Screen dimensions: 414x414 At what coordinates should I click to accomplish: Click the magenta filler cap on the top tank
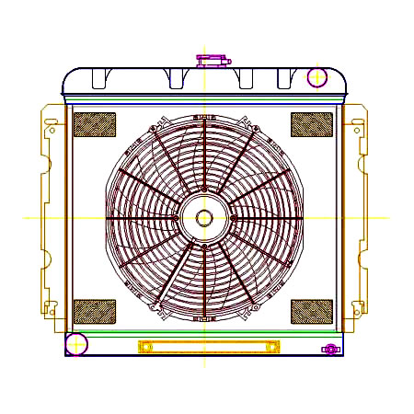point(212,61)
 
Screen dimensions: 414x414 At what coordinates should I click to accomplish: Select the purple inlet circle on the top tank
point(316,76)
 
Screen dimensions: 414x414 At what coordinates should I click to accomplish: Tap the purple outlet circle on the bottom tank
point(76,345)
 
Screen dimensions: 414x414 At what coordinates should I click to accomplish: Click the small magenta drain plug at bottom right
point(330,349)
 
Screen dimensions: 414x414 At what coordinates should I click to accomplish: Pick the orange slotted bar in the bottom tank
point(208,347)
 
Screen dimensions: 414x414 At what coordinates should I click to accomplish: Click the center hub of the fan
point(203,218)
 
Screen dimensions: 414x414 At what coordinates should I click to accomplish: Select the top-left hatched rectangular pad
point(94,124)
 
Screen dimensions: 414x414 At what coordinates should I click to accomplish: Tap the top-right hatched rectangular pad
point(312,124)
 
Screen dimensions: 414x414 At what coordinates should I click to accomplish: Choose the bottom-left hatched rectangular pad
point(94,312)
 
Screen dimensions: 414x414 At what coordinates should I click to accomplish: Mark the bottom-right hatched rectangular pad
point(312,312)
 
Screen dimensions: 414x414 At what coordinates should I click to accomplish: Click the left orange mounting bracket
point(51,217)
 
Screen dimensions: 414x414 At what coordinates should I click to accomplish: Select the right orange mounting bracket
point(357,217)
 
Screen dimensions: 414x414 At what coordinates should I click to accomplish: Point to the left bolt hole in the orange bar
point(144,347)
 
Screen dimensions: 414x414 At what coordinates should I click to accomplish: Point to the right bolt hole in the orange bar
point(271,347)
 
